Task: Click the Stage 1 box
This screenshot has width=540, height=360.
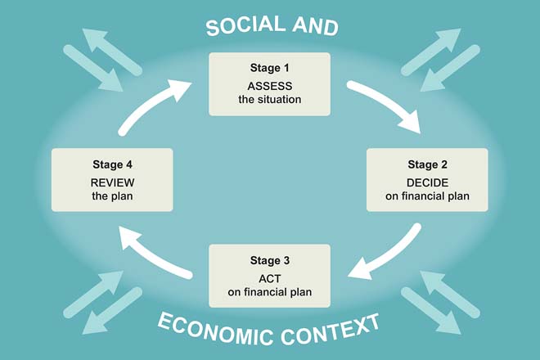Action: coord(270,83)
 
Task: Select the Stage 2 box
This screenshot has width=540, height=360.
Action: coord(426,179)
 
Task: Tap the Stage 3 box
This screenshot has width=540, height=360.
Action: coord(270,274)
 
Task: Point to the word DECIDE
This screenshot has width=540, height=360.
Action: coord(426,181)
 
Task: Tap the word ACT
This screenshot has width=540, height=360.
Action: coord(270,277)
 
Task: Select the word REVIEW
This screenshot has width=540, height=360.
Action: coord(111,182)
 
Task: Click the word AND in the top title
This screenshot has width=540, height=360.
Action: coord(315,26)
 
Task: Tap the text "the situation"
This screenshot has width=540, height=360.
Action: coord(270,100)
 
